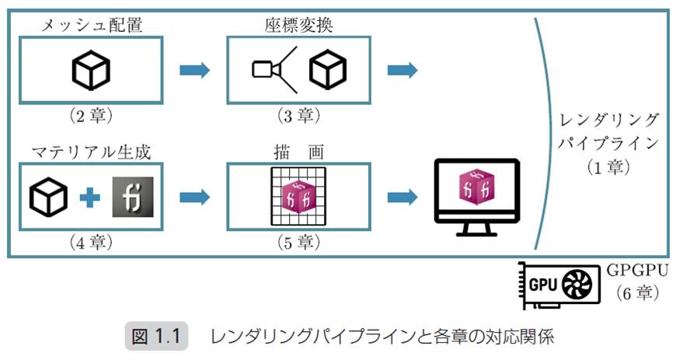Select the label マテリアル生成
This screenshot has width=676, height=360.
pos(92,149)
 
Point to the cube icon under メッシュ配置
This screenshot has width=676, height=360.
pos(92,71)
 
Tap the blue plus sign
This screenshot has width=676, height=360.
pos(90,197)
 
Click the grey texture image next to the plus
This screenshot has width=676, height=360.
pos(132,197)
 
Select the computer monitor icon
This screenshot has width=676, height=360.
pos(476,194)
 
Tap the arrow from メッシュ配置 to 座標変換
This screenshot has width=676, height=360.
pos(194,71)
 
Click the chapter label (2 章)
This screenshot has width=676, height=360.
pos(92,116)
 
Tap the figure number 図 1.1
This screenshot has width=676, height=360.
pos(156,337)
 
